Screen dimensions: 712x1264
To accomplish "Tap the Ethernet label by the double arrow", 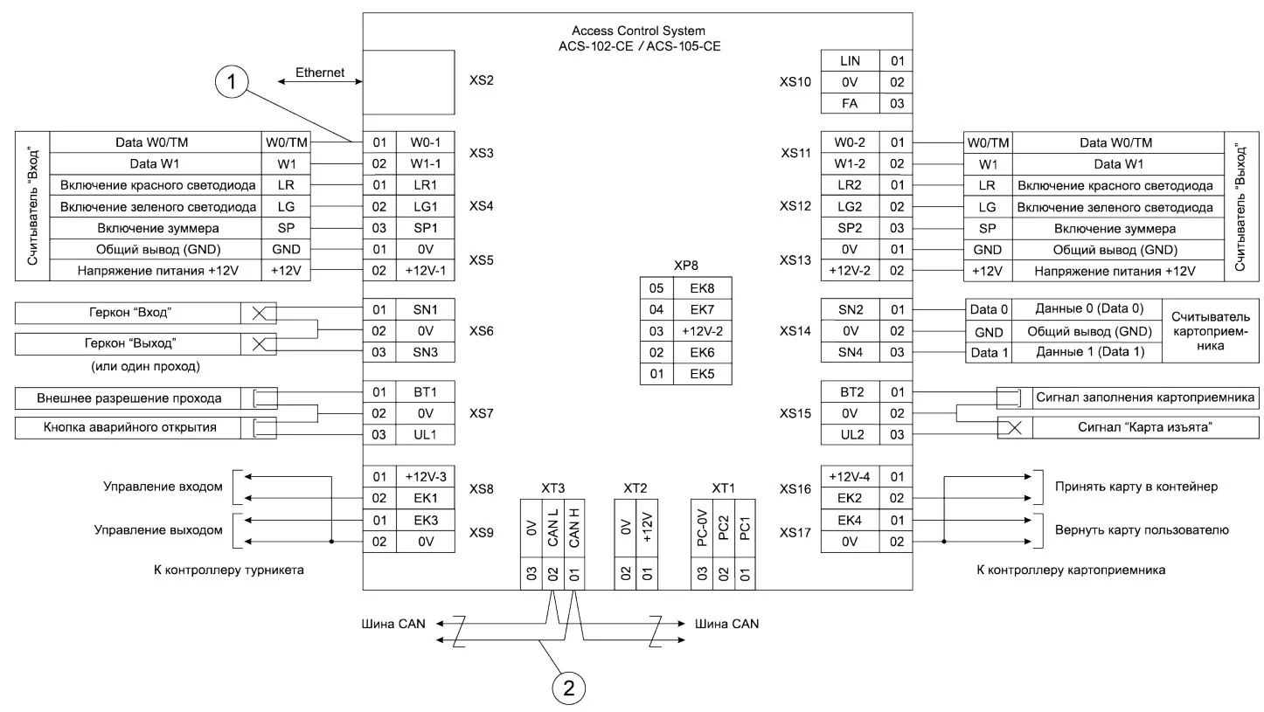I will coord(320,73).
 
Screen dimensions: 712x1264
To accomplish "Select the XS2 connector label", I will coord(482,80).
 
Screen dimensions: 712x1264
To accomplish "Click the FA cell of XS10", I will coord(850,104).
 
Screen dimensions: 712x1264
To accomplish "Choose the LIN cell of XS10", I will coord(850,61).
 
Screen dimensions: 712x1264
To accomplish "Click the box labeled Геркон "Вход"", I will coord(128,313).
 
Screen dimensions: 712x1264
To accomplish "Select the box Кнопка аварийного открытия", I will coord(128,427).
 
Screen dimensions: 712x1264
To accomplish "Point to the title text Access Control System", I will coord(638,31).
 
